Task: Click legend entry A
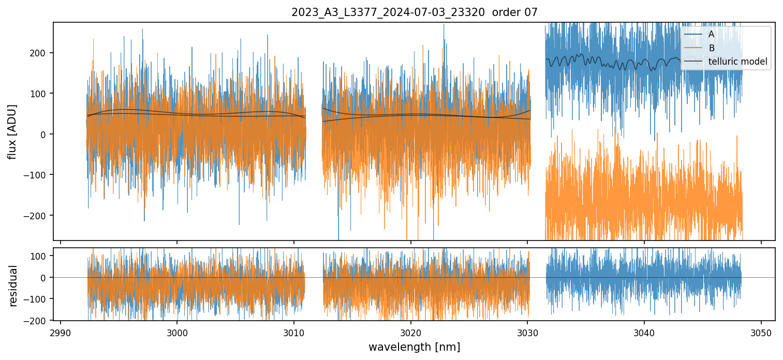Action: (x=712, y=34)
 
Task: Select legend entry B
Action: (x=712, y=48)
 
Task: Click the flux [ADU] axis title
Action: (x=12, y=131)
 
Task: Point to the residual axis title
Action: (x=13, y=286)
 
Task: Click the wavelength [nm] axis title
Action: (x=414, y=347)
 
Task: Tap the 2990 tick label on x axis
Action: (x=61, y=332)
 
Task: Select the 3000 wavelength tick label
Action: (x=177, y=332)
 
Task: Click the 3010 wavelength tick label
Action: (x=294, y=332)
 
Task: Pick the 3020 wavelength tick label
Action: (x=410, y=332)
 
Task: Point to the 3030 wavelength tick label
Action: (x=527, y=332)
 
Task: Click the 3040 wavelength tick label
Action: (x=644, y=332)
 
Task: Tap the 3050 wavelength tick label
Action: (x=761, y=332)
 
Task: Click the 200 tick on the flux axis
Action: (x=40, y=53)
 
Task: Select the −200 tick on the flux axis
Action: (x=37, y=216)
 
